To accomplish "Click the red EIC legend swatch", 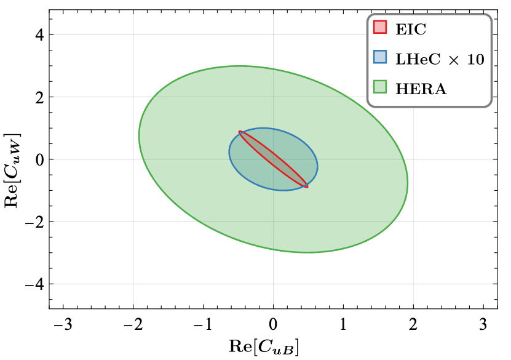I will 379,28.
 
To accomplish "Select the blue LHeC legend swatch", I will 379,58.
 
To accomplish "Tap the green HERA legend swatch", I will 379,89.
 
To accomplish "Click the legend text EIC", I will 411,28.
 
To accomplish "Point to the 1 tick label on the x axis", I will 343,324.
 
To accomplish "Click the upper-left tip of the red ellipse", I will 240,132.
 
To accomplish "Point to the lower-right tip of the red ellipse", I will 306,186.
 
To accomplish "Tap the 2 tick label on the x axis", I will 413,324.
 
